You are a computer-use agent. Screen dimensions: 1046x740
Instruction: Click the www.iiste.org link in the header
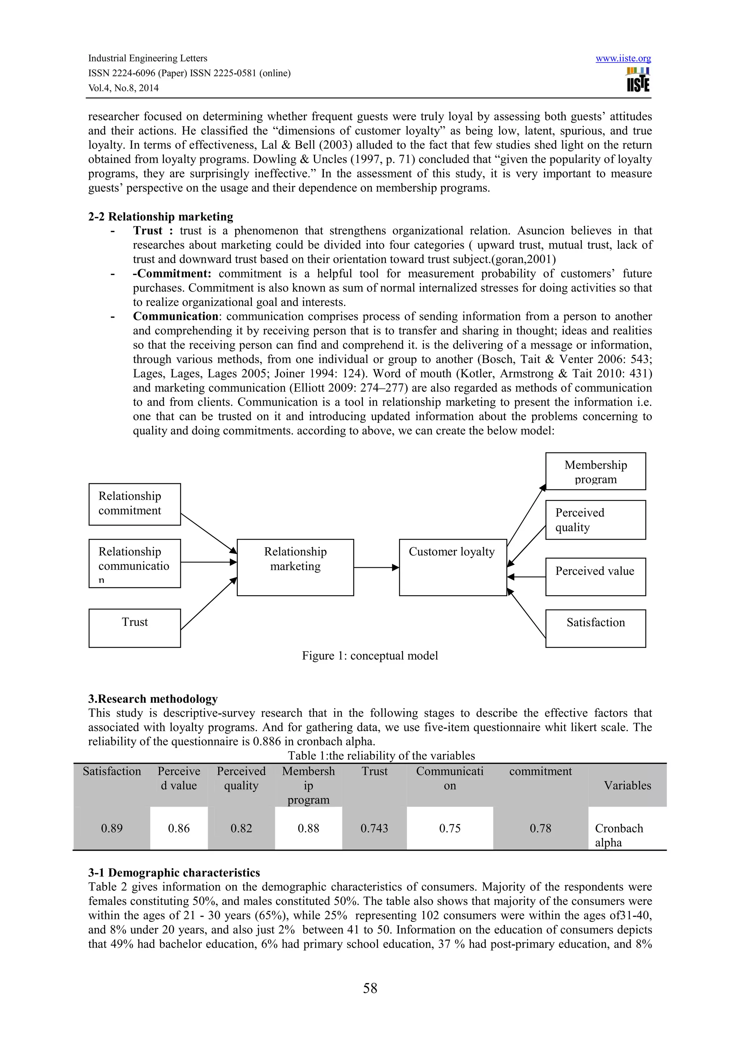click(623, 58)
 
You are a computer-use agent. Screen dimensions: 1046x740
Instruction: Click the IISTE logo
click(638, 80)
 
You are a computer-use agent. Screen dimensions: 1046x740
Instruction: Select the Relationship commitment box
click(134, 504)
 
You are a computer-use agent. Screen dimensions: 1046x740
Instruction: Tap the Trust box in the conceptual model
click(134, 628)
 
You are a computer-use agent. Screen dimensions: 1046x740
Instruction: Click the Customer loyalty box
click(452, 567)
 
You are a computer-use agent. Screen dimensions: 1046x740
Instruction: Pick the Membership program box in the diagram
click(595, 471)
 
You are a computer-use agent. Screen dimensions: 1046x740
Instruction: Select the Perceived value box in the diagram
click(595, 576)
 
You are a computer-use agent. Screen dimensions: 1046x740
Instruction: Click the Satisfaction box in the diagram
click(595, 628)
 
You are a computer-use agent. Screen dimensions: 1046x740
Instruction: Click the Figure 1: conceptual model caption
click(370, 655)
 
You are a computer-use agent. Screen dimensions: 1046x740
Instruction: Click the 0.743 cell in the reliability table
click(374, 828)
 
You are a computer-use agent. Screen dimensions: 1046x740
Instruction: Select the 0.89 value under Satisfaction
click(112, 828)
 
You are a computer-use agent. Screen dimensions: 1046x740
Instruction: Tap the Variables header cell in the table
click(627, 785)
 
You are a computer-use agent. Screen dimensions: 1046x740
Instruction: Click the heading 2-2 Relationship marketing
click(160, 217)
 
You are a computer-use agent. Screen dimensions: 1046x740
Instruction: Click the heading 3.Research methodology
click(153, 699)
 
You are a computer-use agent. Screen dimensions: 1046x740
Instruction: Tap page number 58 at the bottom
click(370, 988)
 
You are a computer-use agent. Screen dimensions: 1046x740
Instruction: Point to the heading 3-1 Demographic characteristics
click(174, 872)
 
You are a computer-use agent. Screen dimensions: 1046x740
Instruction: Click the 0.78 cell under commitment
click(540, 828)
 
